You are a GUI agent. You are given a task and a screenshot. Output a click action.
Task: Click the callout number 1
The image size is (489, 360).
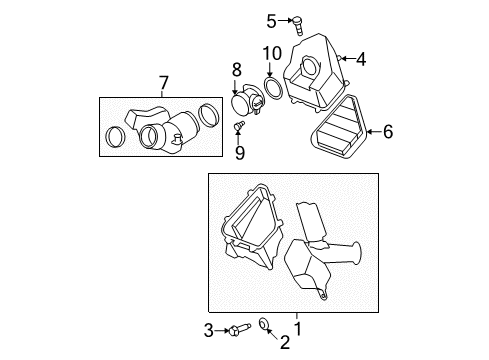coord(296,326)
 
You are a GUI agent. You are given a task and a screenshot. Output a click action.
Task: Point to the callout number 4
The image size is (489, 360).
coord(360,60)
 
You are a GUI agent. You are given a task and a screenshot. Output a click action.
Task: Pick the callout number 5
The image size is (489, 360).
coord(270,20)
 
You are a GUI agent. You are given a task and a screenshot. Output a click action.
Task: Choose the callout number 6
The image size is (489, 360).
coord(388,130)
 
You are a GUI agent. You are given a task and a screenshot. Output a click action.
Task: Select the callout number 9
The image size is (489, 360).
coord(239,151)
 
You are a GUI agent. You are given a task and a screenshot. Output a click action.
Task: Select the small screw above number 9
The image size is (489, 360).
coord(239,126)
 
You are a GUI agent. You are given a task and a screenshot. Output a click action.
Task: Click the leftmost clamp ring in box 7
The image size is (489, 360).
coord(118,136)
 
